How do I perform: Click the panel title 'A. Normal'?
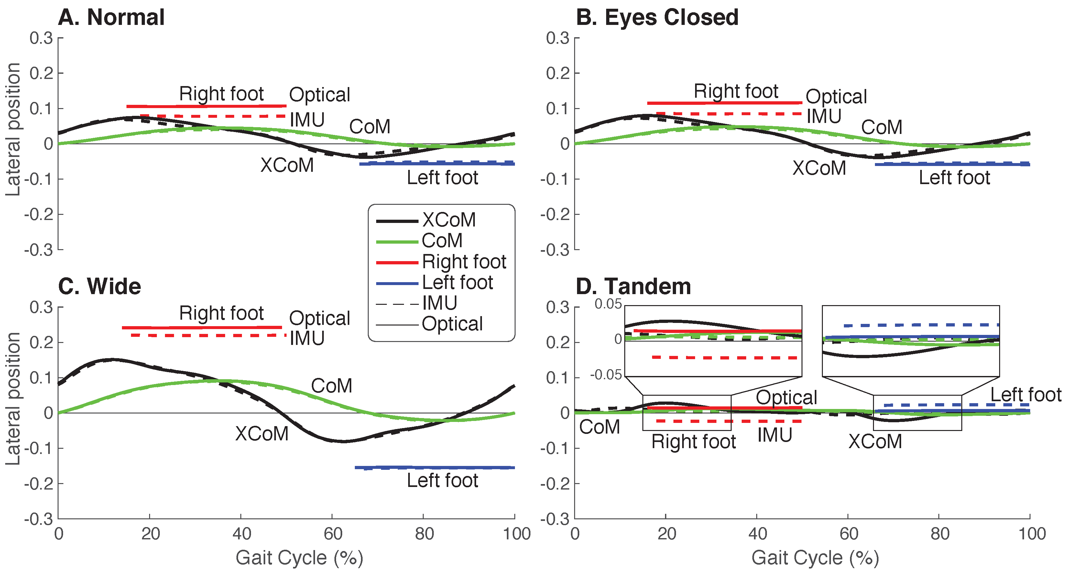pyautogui.click(x=111, y=17)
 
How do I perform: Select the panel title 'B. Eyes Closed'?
pyautogui.click(x=657, y=17)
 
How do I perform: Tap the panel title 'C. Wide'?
pyautogui.click(x=100, y=286)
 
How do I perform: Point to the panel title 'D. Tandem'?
pyautogui.click(x=633, y=286)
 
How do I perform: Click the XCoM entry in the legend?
pyautogui.click(x=449, y=220)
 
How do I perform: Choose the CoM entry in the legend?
pyautogui.click(x=442, y=241)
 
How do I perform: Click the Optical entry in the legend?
pyautogui.click(x=452, y=324)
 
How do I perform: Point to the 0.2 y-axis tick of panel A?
pyautogui.click(x=41, y=73)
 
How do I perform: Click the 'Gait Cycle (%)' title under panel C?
pyautogui.click(x=299, y=558)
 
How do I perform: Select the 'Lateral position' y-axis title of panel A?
pyautogui.click(x=13, y=129)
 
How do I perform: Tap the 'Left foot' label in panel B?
pyautogui.click(x=954, y=178)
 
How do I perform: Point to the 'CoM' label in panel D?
pyautogui.click(x=599, y=427)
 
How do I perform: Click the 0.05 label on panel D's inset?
pyautogui.click(x=608, y=304)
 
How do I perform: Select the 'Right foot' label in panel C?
pyautogui.click(x=221, y=313)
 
